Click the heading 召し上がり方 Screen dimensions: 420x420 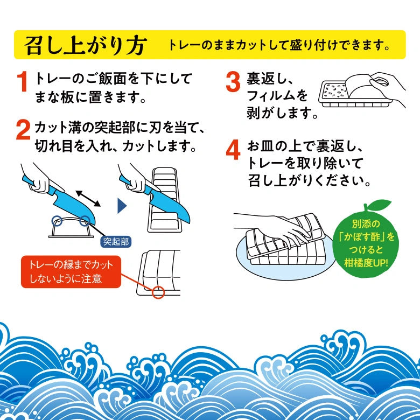(x=84, y=45)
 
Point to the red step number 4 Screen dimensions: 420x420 (x=233, y=152)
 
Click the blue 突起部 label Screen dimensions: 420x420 (x=116, y=241)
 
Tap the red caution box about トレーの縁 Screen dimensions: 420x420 (x=71, y=272)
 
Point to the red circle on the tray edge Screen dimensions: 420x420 (x=158, y=292)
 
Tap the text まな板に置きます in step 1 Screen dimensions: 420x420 (x=90, y=99)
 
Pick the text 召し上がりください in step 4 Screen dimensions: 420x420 (x=309, y=180)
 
